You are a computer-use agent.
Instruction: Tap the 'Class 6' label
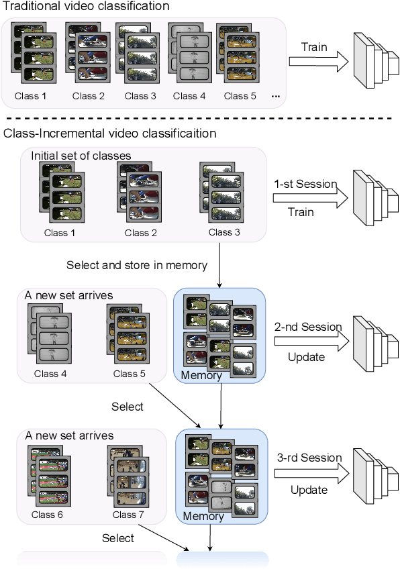click(x=47, y=515)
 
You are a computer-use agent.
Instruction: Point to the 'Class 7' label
click(x=124, y=515)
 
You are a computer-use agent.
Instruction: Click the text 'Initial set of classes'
click(x=81, y=156)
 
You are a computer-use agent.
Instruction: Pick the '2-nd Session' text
click(x=309, y=327)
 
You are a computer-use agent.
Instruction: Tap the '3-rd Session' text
click(x=309, y=458)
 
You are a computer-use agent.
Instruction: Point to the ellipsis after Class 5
click(x=276, y=96)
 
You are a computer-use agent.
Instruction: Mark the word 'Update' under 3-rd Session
click(x=309, y=489)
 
